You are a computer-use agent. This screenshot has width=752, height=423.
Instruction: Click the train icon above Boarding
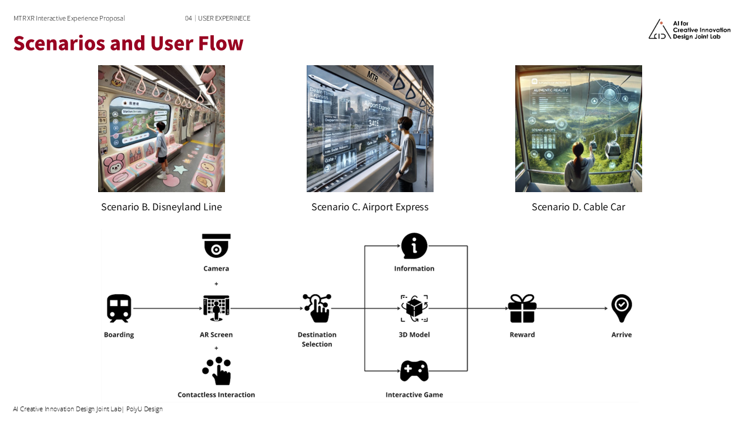click(x=119, y=308)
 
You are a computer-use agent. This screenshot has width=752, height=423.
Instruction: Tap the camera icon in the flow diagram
click(x=216, y=246)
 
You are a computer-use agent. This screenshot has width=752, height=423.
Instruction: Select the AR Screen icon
click(x=216, y=308)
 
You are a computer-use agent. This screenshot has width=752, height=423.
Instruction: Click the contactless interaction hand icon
click(x=216, y=371)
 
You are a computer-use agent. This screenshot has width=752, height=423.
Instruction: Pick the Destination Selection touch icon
click(x=317, y=308)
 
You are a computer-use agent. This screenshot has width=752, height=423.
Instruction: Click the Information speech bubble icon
click(x=414, y=246)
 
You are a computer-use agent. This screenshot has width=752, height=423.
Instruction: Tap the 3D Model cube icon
click(x=414, y=308)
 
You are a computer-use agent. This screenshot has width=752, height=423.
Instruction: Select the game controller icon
click(x=414, y=371)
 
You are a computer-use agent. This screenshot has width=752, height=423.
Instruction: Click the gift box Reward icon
click(x=522, y=308)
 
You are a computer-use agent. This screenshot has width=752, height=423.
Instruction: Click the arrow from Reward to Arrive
click(x=573, y=308)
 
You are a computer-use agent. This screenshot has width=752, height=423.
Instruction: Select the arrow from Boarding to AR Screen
click(x=167, y=308)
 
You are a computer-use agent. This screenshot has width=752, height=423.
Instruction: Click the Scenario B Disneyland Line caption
click(x=162, y=207)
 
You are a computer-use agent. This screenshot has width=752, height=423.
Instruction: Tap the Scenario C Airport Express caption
click(x=370, y=207)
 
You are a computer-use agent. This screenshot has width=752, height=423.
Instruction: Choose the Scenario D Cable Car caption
click(x=578, y=207)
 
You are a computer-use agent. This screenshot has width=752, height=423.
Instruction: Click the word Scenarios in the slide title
click(x=59, y=43)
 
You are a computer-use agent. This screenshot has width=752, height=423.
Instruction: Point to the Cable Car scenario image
click(x=579, y=129)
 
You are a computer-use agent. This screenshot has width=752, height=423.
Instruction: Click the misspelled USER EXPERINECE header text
click(x=224, y=18)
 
